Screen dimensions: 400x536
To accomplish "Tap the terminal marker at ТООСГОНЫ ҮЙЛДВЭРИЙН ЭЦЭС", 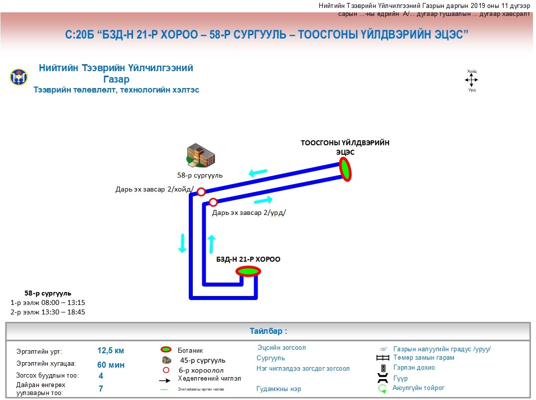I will click(345, 169).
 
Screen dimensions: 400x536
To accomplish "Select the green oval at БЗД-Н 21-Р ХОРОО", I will click(248, 271).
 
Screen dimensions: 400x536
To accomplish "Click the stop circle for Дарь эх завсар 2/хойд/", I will click(201, 192).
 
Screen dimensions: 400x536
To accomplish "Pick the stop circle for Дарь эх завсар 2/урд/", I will click(213, 202).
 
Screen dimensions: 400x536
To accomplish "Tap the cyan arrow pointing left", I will click(258, 173).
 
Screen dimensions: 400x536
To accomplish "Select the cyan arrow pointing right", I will click(263, 200).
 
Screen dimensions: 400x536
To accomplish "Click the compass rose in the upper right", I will click(471, 80).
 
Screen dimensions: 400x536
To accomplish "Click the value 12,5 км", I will click(111, 351).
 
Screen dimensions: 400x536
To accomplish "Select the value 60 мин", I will click(111, 365).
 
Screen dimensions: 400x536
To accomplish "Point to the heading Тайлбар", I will click(268, 331).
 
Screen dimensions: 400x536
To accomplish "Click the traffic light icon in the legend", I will click(383, 368).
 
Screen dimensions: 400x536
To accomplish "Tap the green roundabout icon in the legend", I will click(383, 389).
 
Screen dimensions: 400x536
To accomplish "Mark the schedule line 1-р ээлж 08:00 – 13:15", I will click(48, 302).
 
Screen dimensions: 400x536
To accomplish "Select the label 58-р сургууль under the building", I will click(200, 176).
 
